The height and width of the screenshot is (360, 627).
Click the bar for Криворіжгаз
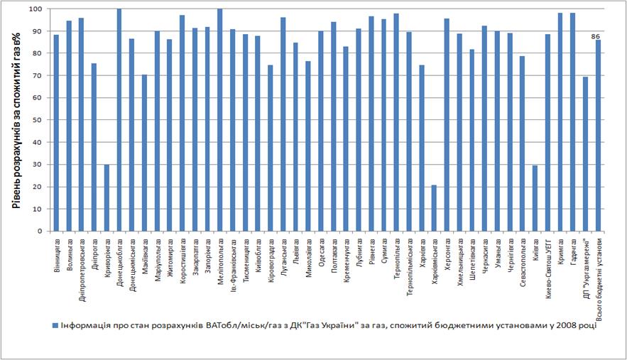coord(107,197)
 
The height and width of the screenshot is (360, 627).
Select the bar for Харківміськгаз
coord(434,208)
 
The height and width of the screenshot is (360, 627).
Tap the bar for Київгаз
coord(535,198)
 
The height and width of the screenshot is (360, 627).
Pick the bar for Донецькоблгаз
coord(119,120)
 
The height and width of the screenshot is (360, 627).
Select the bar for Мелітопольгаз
coord(220,120)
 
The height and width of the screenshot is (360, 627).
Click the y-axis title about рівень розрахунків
coord(15,120)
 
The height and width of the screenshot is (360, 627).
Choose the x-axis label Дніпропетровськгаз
coord(82,266)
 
